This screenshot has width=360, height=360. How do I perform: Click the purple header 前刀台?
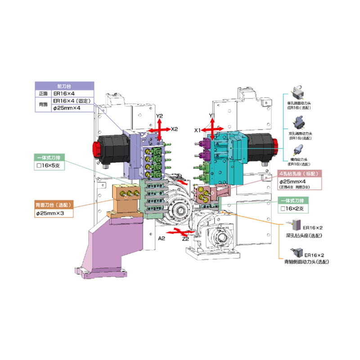pos(64,85)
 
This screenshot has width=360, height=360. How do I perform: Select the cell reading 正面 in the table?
pos(43,93)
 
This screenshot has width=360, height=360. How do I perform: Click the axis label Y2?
pos(159,116)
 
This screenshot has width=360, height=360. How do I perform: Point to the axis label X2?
pos(175,129)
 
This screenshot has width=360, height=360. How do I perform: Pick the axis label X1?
pos(198,130)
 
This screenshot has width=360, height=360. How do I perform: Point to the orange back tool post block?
pos(126,198)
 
